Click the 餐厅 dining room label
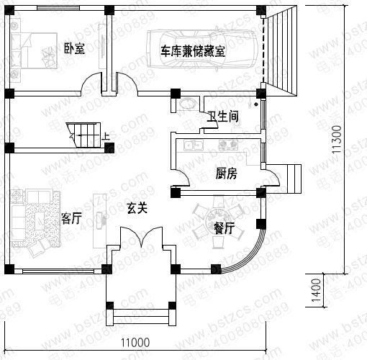[x=224, y=230]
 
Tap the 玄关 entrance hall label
[x=137, y=209]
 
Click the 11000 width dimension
[x=134, y=341]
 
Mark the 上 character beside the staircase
[x=107, y=135]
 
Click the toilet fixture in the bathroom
[x=189, y=104]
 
